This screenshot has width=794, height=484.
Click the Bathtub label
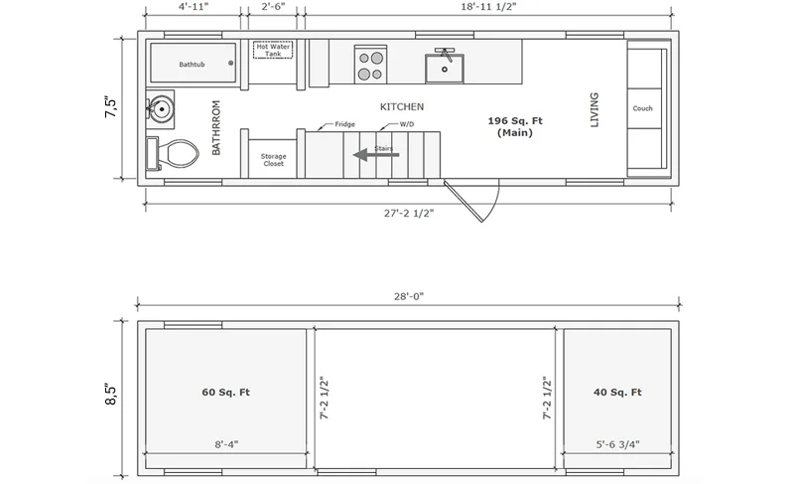(x=192, y=65)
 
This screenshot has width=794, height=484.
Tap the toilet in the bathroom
(x=172, y=154)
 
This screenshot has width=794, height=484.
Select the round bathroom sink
(x=162, y=108)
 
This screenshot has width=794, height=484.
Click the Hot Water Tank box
(x=273, y=50)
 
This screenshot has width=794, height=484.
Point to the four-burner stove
(x=370, y=65)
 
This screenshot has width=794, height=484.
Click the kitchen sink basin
(x=444, y=69)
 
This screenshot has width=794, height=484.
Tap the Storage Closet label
(x=274, y=160)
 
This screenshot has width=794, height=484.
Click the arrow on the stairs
(x=376, y=155)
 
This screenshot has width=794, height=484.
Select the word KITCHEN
(x=402, y=107)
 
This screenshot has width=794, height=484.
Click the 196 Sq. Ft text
(x=515, y=120)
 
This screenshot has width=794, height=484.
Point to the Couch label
(x=642, y=108)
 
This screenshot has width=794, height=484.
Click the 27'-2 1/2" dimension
(x=409, y=214)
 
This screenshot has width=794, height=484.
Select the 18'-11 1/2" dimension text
(x=488, y=7)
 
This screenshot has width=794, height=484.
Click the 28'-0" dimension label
(x=409, y=296)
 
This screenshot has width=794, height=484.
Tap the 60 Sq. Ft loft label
(x=226, y=392)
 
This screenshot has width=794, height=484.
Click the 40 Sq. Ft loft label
(x=617, y=392)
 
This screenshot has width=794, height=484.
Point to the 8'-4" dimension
(x=226, y=444)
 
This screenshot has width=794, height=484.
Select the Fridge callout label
(x=344, y=124)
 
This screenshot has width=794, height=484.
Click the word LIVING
(x=595, y=109)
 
